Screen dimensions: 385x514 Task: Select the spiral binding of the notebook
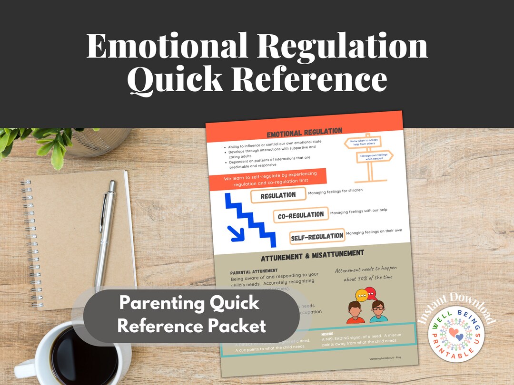30,243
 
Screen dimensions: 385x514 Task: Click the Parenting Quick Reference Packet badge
191,315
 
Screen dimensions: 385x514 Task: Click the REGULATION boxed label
278,195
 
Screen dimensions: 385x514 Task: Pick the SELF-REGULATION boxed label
317,236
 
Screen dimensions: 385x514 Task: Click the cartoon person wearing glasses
378,312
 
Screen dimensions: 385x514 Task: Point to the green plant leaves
43,140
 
